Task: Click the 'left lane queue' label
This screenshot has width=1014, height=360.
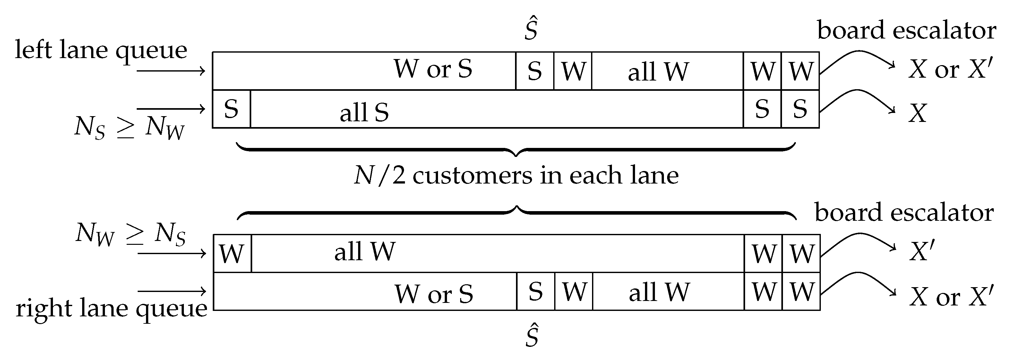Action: coord(101,50)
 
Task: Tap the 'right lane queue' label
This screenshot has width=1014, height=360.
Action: coord(111,308)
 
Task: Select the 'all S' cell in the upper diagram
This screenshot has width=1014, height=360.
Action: coord(364,112)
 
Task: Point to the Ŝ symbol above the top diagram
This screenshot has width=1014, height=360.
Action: coord(531,28)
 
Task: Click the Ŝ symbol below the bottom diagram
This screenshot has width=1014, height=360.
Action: coord(532,335)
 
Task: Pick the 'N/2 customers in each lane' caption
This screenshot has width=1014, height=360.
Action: coord(516,176)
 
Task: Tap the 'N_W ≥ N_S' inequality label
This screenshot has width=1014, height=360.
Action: coord(130,234)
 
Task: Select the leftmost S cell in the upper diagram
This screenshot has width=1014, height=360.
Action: coord(231,109)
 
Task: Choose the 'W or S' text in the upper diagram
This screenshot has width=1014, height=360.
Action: coord(433,69)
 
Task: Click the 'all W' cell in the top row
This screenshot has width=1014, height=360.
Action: coord(658,72)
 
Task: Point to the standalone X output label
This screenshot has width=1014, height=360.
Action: coord(917,114)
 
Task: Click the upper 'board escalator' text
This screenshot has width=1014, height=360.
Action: coord(907,30)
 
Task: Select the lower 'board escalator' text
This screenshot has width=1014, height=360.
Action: coord(904,212)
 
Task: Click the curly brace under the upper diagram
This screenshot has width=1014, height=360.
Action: coord(516,150)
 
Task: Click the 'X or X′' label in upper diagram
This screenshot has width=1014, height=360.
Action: coord(950,70)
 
